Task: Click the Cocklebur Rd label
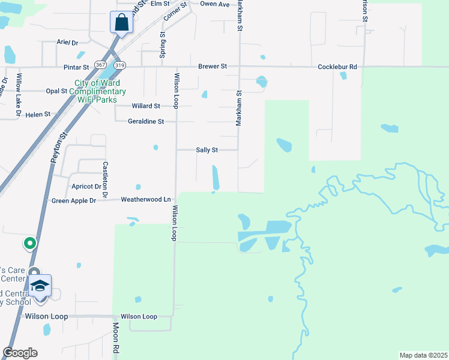point(337,67)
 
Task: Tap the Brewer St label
point(212,67)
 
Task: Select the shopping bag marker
point(121,23)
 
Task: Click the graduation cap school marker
point(40,286)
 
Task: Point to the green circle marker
point(29,244)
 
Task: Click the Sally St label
point(207,150)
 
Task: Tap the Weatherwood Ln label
point(146,199)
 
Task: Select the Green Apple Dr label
point(74,201)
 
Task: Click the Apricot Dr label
point(85,187)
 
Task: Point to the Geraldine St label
point(146,121)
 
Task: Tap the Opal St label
point(56,91)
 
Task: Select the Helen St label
point(38,114)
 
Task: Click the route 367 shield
point(101,64)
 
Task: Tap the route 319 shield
point(120,64)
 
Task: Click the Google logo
point(20,353)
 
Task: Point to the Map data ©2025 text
point(423,355)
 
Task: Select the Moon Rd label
point(116,340)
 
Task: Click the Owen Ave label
point(215,4)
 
